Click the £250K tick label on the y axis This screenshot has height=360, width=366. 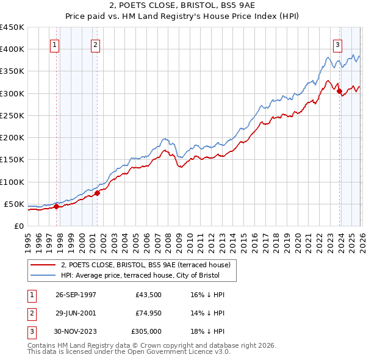click(x=12, y=115)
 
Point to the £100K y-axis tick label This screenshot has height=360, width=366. click(x=12, y=182)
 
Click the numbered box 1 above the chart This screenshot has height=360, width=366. click(x=55, y=44)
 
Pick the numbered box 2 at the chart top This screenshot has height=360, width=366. click(x=96, y=44)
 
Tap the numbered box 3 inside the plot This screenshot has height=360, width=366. click(x=337, y=44)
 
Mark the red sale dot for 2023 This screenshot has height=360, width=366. click(x=339, y=92)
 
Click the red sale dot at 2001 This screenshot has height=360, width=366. click(x=97, y=193)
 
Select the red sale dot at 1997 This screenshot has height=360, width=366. click(x=57, y=206)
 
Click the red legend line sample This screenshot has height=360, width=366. click(x=43, y=265)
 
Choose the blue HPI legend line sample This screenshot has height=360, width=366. click(x=43, y=275)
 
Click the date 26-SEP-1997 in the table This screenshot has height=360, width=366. click(x=75, y=295)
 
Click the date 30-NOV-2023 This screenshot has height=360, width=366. click(x=76, y=333)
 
